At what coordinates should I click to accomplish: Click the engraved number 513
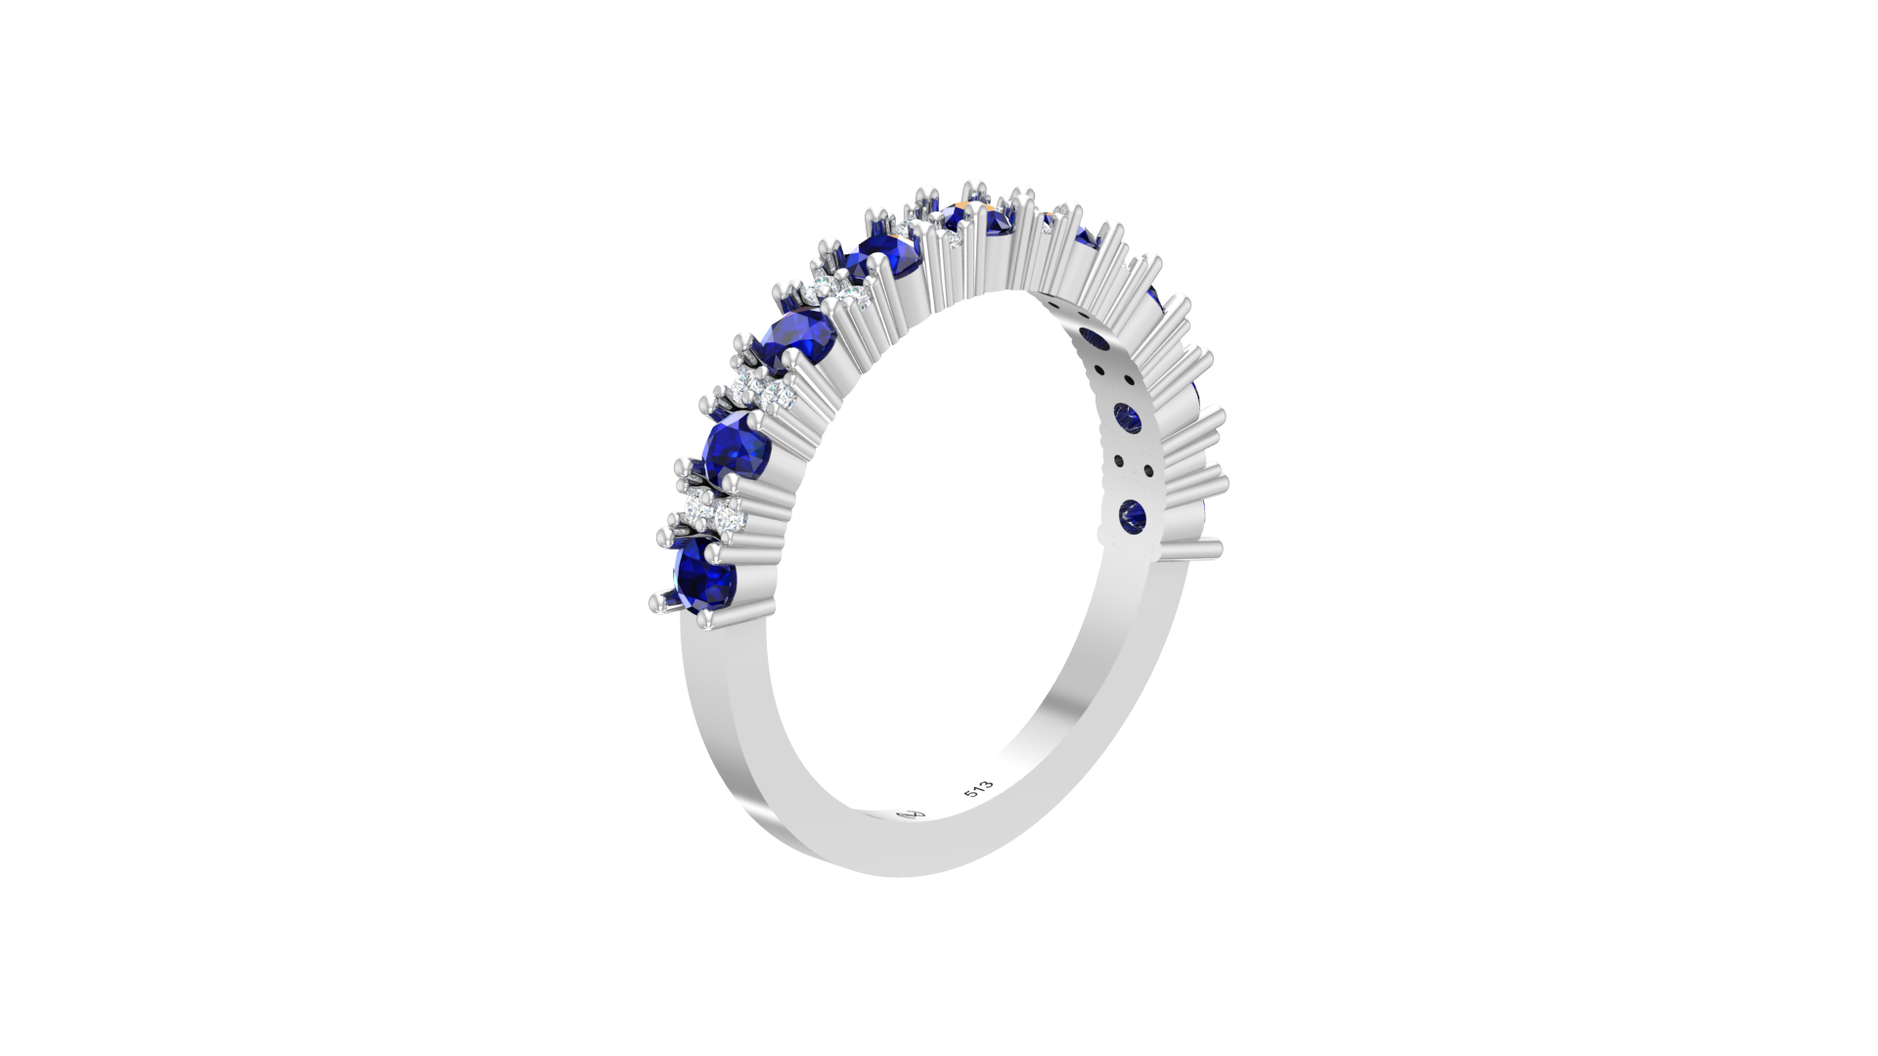click(978, 790)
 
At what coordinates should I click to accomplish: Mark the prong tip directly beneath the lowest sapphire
click(708, 619)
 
